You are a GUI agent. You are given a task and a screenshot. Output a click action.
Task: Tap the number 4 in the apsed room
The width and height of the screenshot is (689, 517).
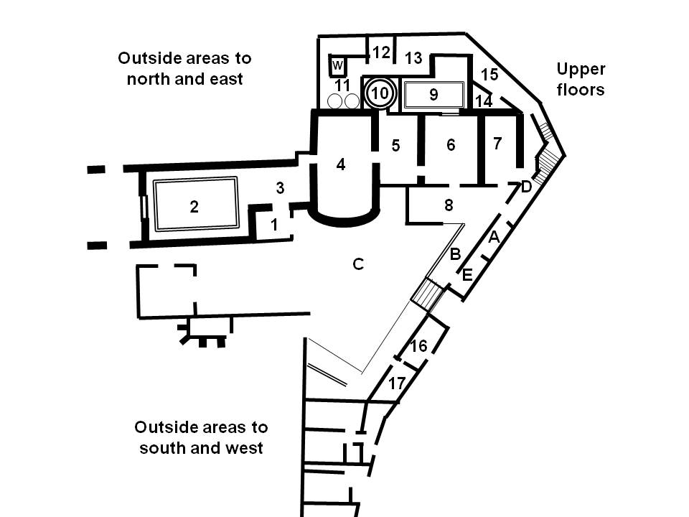(341, 164)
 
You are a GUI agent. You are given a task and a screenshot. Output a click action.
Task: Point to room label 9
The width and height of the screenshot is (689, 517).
(433, 93)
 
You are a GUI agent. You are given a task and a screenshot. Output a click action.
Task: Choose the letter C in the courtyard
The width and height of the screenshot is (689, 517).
(358, 264)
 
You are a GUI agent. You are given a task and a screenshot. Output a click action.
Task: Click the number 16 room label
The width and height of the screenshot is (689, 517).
(418, 346)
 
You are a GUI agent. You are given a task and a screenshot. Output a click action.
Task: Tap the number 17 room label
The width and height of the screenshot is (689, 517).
(397, 383)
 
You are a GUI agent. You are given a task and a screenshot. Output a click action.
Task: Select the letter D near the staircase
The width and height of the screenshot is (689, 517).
(526, 187)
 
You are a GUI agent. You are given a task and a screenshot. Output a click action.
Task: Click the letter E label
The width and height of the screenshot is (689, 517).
(467, 274)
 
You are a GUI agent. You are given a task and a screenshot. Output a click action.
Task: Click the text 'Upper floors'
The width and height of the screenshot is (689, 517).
(581, 79)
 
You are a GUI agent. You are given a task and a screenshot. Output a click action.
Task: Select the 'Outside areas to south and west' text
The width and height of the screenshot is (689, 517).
(201, 437)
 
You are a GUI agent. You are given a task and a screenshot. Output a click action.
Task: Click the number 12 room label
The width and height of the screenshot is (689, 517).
(381, 52)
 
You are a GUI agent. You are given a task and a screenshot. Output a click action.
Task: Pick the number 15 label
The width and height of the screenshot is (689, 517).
(489, 74)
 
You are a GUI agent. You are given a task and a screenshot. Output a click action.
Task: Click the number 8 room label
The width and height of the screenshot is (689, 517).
(449, 205)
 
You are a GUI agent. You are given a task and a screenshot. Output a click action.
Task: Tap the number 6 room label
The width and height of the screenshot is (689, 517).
(451, 145)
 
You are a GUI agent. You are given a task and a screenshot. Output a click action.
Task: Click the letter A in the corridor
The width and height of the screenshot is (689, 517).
(493, 238)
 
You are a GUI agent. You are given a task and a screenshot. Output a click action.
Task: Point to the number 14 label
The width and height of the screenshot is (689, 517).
(484, 101)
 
